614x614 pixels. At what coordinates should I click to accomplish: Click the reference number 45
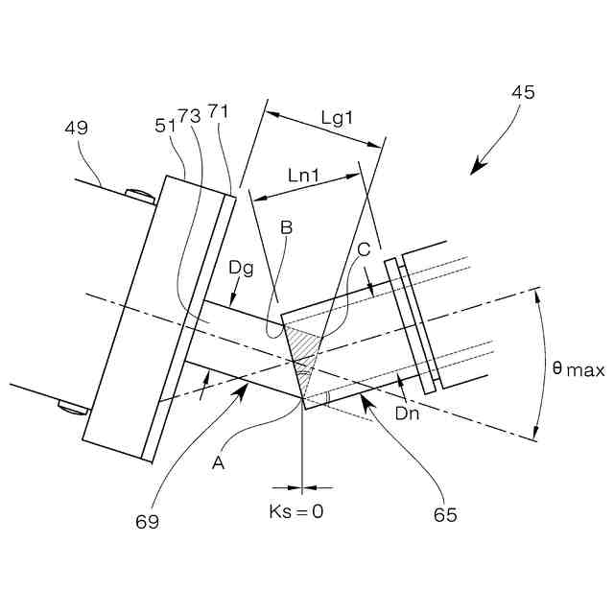[523, 93]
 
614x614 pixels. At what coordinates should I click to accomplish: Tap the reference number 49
[78, 127]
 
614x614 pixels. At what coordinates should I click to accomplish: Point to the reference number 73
[189, 115]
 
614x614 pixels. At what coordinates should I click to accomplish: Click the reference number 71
[218, 113]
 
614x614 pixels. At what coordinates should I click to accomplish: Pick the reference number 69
[146, 521]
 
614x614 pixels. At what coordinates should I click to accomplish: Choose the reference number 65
[444, 514]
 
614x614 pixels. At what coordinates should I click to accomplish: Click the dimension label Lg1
[337, 117]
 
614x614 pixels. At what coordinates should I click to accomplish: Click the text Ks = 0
[295, 511]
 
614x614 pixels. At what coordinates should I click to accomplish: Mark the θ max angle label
[579, 369]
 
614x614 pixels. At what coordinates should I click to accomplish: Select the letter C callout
[363, 248]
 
